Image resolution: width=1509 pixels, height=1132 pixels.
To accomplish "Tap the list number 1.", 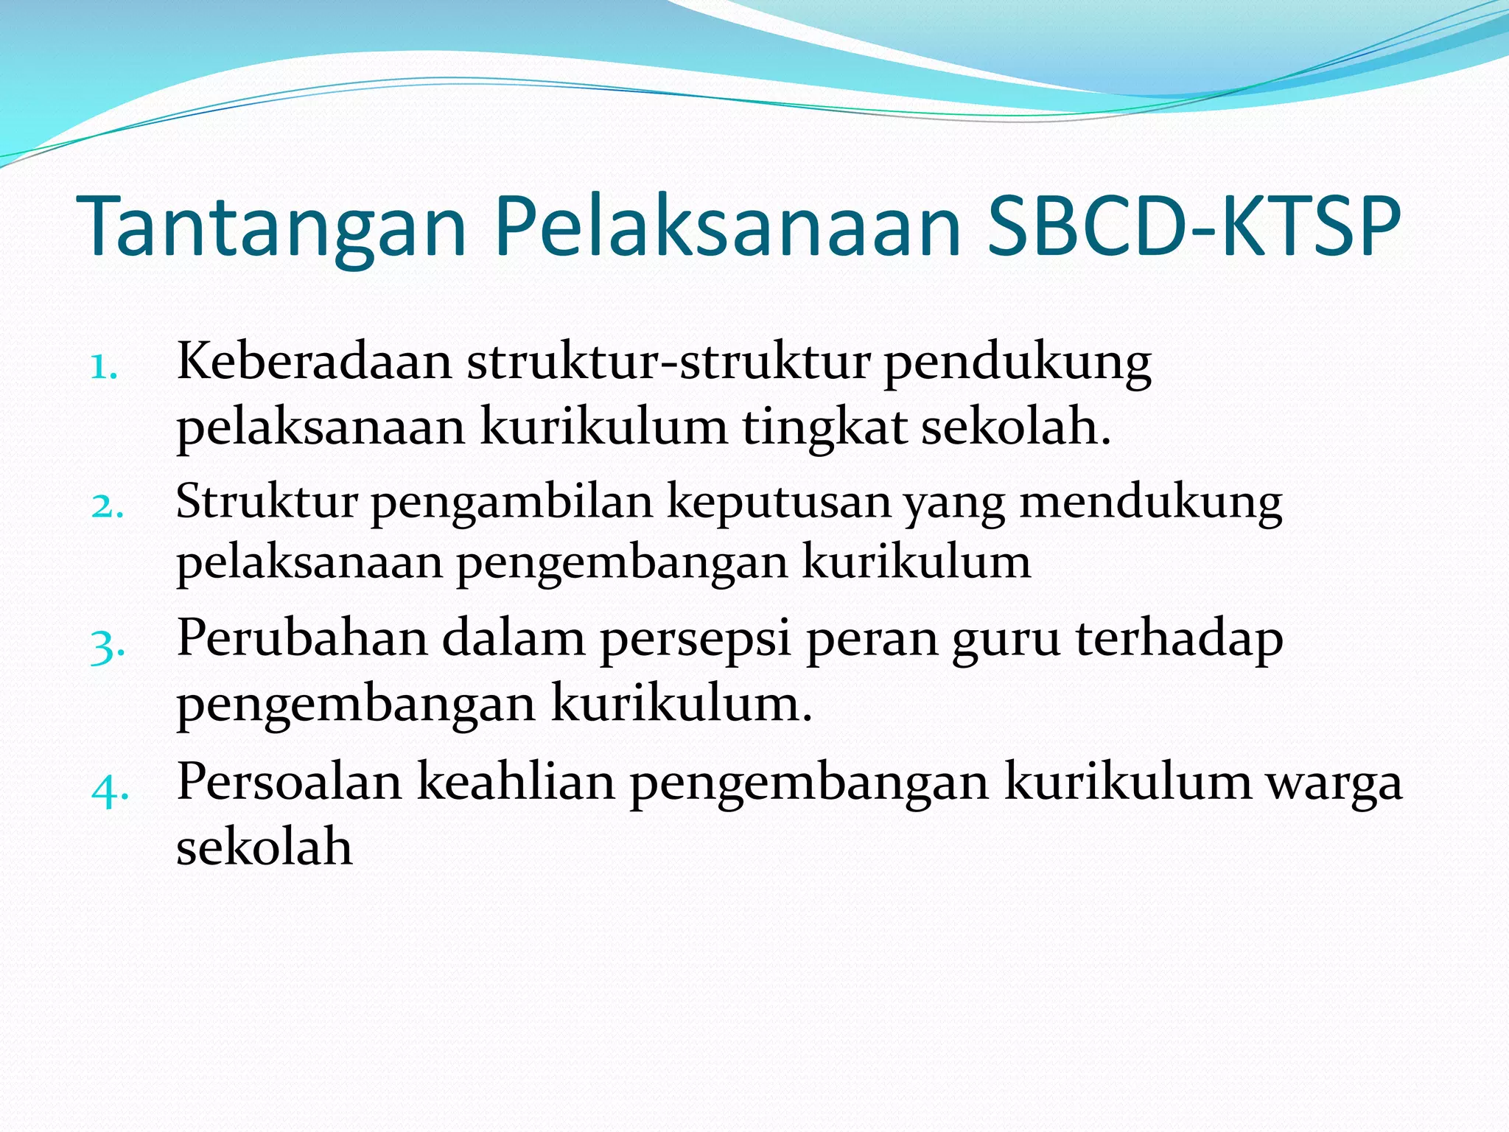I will coord(104,366).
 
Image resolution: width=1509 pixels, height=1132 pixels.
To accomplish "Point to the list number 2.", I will coord(107,506).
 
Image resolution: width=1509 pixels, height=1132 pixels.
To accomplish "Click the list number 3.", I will coord(108,646).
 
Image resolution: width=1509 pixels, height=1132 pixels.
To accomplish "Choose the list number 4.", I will coord(110,789).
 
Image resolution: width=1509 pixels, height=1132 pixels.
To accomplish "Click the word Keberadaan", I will coord(314,362).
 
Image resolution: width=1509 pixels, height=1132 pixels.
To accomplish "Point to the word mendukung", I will coord(1150,503).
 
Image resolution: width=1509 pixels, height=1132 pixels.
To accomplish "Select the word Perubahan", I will coord(302,637).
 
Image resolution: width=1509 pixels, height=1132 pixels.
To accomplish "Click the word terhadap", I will coord(1179,638).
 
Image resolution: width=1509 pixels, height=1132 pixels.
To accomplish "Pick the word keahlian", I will coord(516,781).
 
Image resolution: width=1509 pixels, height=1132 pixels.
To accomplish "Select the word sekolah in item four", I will coord(264,846).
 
